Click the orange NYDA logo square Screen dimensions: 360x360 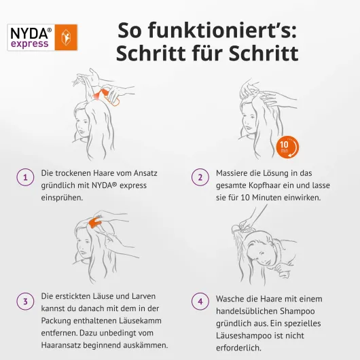[x=66, y=37]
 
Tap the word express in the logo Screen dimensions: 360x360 [x=30, y=43]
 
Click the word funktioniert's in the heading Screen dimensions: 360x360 [x=223, y=30]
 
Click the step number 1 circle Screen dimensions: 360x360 [x=25, y=177]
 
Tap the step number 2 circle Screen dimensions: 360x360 [x=200, y=177]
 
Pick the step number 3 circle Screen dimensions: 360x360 [x=25, y=301]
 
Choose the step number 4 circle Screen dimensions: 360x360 [x=200, y=301]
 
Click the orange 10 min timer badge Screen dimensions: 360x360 [x=288, y=147]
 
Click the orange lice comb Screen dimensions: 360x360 [x=95, y=222]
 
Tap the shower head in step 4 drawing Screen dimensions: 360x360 [x=236, y=228]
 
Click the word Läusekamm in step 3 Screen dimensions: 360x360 [x=140, y=321]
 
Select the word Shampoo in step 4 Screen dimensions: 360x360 [x=294, y=311]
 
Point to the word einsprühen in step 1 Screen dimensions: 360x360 [x=61, y=198]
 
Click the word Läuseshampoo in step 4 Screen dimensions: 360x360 [x=244, y=336]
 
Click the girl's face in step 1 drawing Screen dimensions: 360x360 [x=82, y=126]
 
